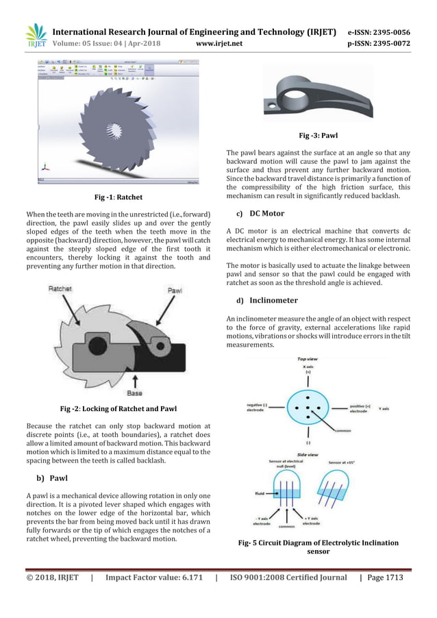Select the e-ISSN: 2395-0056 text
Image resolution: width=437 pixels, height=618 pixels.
[379, 32]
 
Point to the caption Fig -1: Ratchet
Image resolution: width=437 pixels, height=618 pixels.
[118, 197]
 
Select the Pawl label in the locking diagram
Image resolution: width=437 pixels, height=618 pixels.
[177, 291]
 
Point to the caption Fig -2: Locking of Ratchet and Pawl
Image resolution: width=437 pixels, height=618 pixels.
[118, 409]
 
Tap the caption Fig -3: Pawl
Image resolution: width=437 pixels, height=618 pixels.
[319, 136]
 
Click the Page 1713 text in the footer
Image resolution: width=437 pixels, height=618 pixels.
[384, 578]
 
